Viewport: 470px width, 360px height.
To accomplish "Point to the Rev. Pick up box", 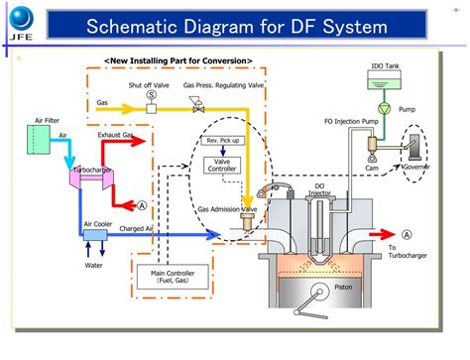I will coord(224,141).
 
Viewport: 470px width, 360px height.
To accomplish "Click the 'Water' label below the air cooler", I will coord(93,266).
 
